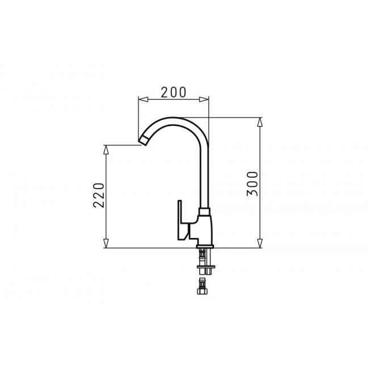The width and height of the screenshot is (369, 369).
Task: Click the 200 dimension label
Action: (x=174, y=92)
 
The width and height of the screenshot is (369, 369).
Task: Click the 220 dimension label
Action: (x=99, y=195)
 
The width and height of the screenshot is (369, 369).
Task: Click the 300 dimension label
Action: (x=253, y=184)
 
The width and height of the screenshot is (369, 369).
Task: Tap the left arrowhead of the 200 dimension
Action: (x=143, y=99)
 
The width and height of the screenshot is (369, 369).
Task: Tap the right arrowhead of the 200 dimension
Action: (x=204, y=99)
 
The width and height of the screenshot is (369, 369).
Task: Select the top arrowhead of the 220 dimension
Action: (x=106, y=150)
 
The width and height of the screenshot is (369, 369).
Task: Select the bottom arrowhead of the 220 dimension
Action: (x=106, y=244)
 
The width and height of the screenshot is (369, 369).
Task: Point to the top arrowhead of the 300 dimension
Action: (x=260, y=122)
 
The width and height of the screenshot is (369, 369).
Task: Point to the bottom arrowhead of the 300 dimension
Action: (x=260, y=244)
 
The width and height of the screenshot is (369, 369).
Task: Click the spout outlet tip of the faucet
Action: (x=144, y=141)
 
